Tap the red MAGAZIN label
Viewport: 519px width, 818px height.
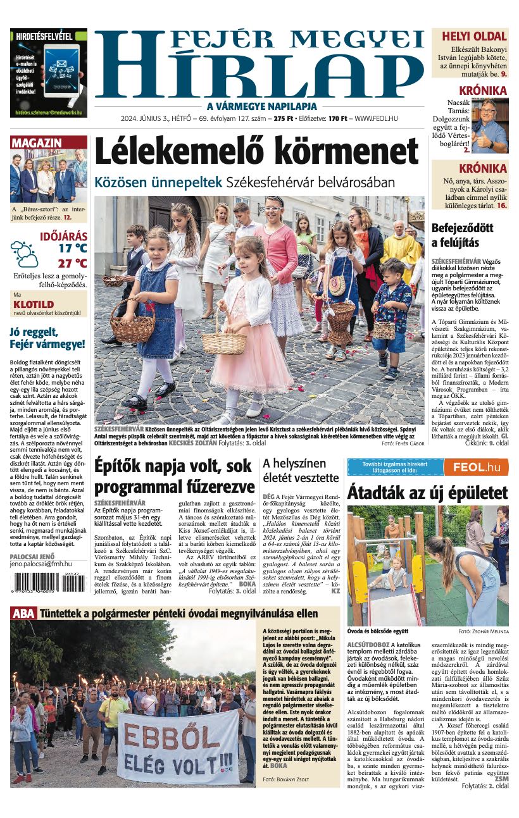pos(37,143)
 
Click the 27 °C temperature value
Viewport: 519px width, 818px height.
pos(72,263)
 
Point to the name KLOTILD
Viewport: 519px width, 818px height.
pos(34,304)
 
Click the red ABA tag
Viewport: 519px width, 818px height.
pos(23,612)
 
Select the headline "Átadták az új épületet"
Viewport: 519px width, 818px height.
pos(427,493)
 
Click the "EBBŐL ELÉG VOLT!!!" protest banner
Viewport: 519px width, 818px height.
pos(179,747)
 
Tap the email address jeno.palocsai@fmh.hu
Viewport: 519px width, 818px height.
pos(41,563)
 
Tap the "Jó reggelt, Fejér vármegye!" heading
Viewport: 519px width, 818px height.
pos(47,338)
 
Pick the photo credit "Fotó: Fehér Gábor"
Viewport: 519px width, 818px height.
pos(403,444)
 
